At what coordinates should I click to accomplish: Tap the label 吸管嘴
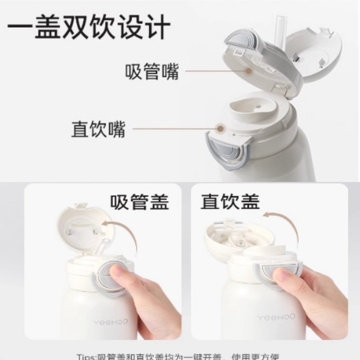(x=152, y=72)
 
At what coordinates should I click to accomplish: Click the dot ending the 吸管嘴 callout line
(x=248, y=71)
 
